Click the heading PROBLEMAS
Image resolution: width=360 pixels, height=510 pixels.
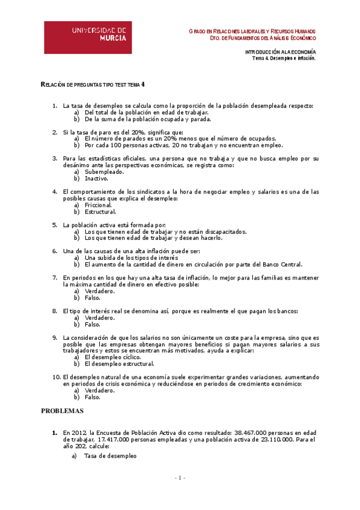pos(63,411)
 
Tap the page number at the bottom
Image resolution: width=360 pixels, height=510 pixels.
pos(180,478)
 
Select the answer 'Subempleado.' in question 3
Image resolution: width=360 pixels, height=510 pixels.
pos(104,171)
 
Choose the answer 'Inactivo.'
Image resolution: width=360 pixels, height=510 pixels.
pos(96,179)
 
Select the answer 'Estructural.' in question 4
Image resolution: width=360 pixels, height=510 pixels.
pos(100,212)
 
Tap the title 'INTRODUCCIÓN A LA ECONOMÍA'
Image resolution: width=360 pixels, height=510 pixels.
pos(280,52)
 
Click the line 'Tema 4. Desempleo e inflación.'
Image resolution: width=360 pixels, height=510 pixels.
pos(284,59)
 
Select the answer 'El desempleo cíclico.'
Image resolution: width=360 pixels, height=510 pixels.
pos(112,357)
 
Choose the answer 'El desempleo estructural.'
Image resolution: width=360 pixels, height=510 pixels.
pos(120,364)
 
